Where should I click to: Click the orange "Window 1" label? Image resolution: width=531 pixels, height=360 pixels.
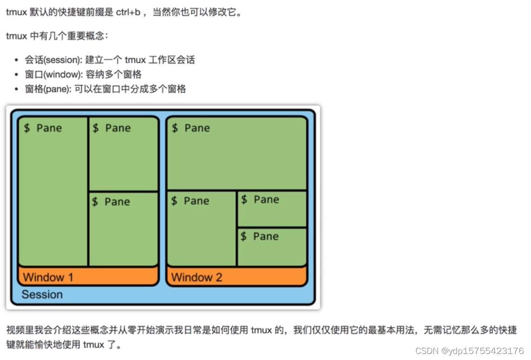(x=48, y=277)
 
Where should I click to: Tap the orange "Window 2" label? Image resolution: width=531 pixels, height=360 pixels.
(x=197, y=277)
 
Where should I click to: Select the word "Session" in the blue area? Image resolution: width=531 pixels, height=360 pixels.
(x=42, y=295)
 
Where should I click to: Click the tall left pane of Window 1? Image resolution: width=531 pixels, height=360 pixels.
(x=52, y=195)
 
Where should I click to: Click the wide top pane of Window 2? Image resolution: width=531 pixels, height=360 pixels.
(x=236, y=156)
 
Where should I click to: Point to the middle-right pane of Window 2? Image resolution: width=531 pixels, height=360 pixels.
(x=272, y=209)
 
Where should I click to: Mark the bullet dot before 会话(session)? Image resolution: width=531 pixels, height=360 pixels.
(x=17, y=60)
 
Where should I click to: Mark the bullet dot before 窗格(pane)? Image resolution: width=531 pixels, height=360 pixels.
(x=17, y=90)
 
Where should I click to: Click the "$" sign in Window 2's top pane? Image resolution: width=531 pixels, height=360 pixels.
(x=175, y=128)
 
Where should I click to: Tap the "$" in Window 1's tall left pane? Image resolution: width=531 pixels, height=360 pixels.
(x=26, y=128)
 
